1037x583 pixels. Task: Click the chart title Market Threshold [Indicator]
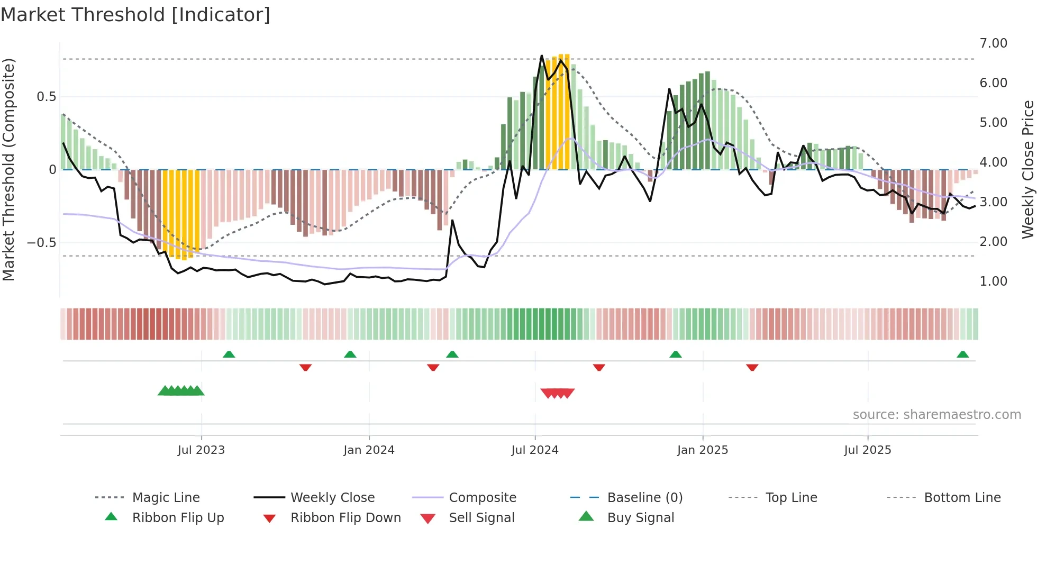pyautogui.click(x=135, y=15)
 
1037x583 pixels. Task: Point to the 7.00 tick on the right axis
pyautogui.click(x=993, y=43)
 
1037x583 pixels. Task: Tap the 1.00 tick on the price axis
pyautogui.click(x=993, y=281)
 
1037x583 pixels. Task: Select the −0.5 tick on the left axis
pyautogui.click(x=41, y=243)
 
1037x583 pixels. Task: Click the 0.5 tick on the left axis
pyautogui.click(x=46, y=97)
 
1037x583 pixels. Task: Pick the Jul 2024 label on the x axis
pyautogui.click(x=534, y=450)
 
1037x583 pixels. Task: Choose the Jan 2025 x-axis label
pyautogui.click(x=702, y=450)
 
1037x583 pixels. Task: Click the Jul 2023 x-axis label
pyautogui.click(x=201, y=450)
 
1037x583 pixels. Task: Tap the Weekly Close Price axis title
pyautogui.click(x=1027, y=169)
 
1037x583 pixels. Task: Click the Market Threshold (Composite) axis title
pyautogui.click(x=8, y=169)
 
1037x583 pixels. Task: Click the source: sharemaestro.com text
pyautogui.click(x=936, y=415)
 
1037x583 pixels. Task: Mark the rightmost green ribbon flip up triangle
pyautogui.click(x=962, y=354)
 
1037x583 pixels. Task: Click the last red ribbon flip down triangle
pyautogui.click(x=752, y=367)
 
